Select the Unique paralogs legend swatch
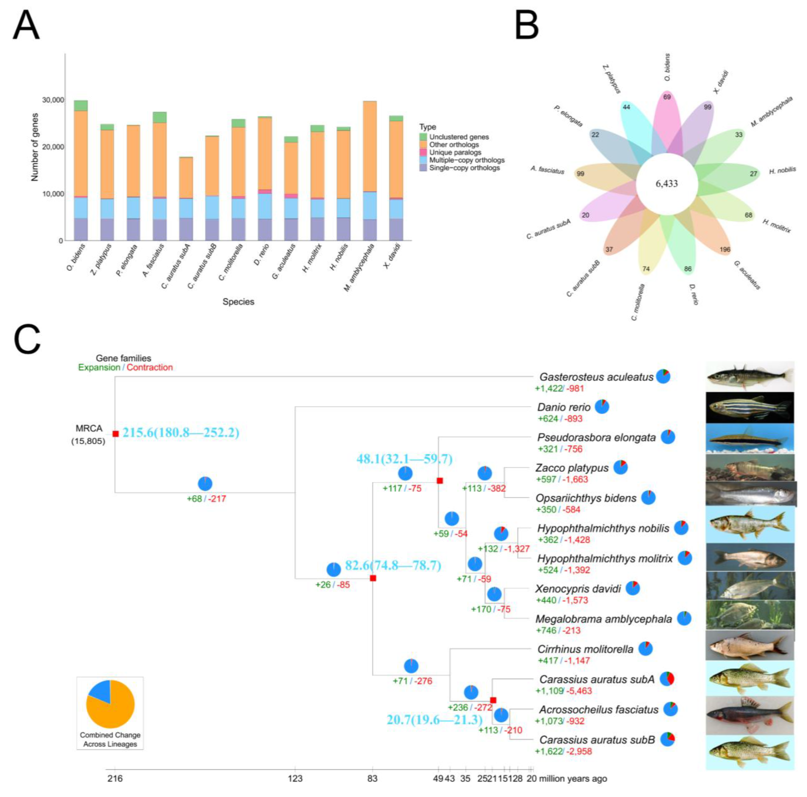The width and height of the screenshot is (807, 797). click(x=423, y=152)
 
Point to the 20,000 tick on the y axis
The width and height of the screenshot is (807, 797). click(x=53, y=147)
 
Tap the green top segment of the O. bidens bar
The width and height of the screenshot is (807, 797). click(x=81, y=106)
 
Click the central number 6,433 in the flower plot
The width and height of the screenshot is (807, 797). click(x=667, y=184)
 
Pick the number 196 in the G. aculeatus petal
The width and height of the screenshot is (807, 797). click(x=725, y=250)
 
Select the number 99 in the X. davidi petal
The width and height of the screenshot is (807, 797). click(x=707, y=107)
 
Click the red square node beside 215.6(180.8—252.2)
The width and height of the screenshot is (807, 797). click(x=116, y=434)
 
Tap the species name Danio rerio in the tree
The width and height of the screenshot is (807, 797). click(x=564, y=407)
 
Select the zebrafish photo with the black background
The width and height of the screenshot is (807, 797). click(x=750, y=407)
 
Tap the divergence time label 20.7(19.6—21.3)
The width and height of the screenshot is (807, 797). click(x=434, y=720)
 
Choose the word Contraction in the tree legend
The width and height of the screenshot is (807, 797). click(x=149, y=367)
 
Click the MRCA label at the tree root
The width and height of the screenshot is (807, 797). click(x=89, y=428)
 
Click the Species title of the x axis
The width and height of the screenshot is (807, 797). click(x=238, y=301)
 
